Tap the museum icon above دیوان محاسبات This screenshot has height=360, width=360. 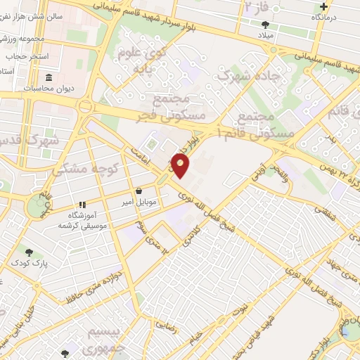click(x=49, y=77)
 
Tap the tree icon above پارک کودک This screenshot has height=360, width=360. click(x=29, y=252)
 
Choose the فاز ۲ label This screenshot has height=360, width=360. click(x=256, y=6)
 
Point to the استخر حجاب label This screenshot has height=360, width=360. click(x=27, y=55)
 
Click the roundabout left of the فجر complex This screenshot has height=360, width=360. click(x=87, y=107)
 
